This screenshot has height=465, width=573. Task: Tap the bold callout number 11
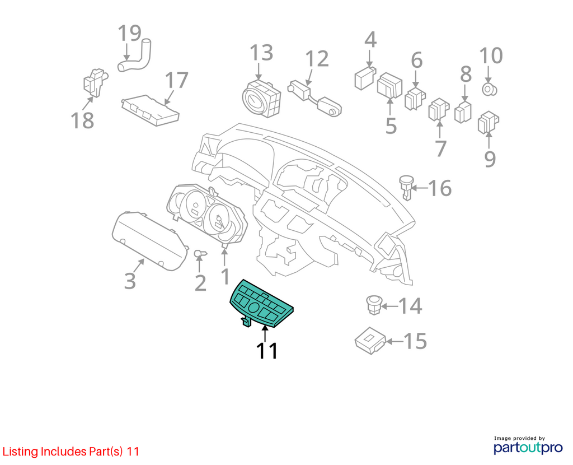point(267,351)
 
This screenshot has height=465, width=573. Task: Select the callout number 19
point(129,33)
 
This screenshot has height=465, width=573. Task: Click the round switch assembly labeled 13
point(262,99)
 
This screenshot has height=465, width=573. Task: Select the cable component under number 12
point(314,97)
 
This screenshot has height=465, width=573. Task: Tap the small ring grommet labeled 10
point(489,89)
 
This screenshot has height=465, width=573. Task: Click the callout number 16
point(440,188)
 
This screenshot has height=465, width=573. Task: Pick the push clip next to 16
point(406,187)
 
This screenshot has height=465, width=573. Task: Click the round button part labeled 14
point(374,304)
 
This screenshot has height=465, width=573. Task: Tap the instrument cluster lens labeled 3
point(150,241)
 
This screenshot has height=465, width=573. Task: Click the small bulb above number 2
point(200,253)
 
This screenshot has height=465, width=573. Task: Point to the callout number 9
point(490,159)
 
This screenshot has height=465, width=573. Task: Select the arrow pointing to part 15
point(394,341)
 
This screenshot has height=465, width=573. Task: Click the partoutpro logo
point(528,445)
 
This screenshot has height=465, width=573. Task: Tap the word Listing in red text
point(20,452)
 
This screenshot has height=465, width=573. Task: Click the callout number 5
point(391,126)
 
